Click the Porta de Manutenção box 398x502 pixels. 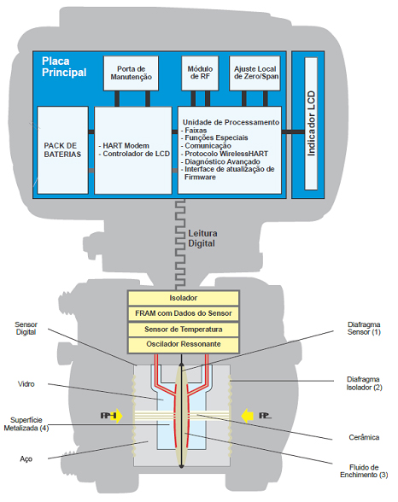pos(131,73)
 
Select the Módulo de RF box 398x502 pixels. pos(200,73)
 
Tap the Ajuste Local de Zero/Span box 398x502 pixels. pos(255,73)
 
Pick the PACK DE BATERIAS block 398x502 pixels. pos(62,150)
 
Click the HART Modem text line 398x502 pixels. pos(124,146)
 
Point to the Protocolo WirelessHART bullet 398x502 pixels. pos(225,154)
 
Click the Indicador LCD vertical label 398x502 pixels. pos(311,124)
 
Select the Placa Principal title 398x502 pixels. pos(64,67)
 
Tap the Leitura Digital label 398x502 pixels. pos(202,238)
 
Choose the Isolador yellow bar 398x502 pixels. pos(184,298)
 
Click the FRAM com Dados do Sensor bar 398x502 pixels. pos(184,313)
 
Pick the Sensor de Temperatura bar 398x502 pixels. pos(184,330)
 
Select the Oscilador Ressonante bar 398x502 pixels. pos(184,345)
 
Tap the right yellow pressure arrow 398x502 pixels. pos(247,416)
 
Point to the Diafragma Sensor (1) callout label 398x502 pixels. pos(364,328)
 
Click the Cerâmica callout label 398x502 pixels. pos(364,437)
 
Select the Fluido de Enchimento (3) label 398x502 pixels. pos(364,471)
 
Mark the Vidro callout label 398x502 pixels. pos(26,384)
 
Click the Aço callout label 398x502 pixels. pos(26,459)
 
